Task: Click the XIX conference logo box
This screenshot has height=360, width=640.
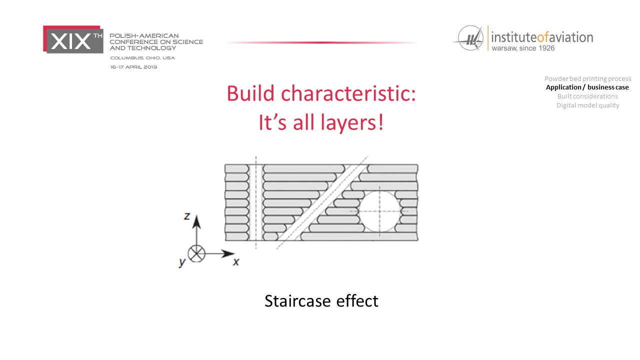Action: coord(73,39)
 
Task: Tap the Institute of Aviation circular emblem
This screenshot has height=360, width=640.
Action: coord(470,38)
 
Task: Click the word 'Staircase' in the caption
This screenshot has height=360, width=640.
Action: coord(297,301)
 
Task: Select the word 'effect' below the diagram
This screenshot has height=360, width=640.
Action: coord(357,301)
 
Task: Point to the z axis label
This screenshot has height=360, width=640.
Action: coord(187,216)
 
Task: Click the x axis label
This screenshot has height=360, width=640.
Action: coord(236,261)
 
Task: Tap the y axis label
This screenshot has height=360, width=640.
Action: coord(182,262)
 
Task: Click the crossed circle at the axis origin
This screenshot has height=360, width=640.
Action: coord(196,253)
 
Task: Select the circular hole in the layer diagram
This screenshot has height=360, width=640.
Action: coord(379,211)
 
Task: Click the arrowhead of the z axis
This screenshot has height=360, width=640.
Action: coord(196,222)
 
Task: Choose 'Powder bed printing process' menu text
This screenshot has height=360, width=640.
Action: coord(587,79)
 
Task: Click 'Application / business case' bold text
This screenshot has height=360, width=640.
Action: coord(587,87)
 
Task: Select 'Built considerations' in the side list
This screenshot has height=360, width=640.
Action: coord(587,96)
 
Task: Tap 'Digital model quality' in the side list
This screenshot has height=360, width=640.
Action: coord(587,105)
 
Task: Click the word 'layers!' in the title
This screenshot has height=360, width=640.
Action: coord(352,123)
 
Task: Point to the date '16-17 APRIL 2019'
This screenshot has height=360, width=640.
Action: coord(133,67)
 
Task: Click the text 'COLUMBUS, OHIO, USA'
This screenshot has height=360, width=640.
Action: coord(142,58)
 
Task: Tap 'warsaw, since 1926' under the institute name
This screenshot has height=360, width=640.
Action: coord(523,48)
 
